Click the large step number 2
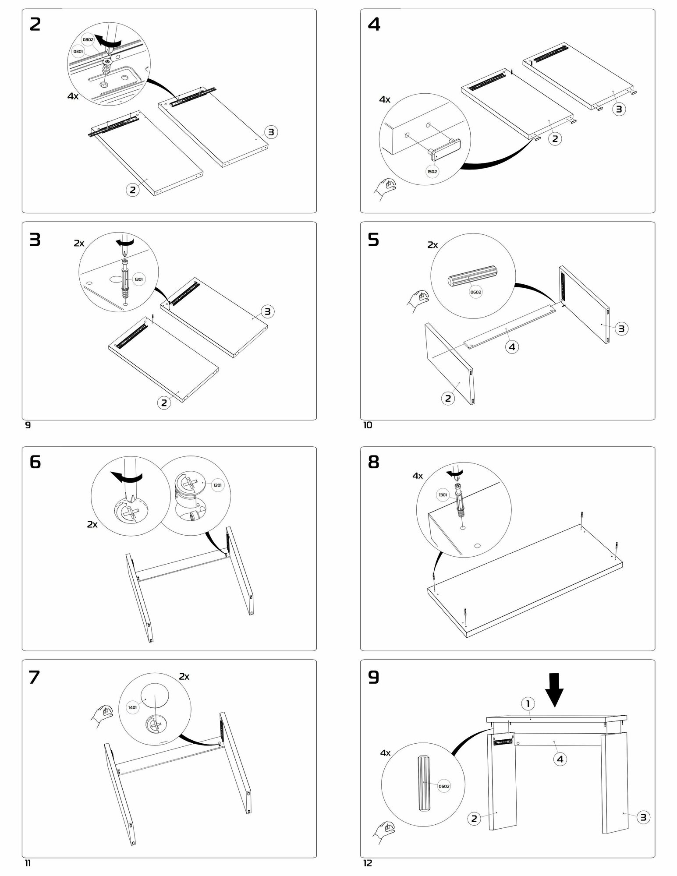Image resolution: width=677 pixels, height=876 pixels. [35, 25]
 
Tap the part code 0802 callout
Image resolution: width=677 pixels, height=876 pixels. [88, 40]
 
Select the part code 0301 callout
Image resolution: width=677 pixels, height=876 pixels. [78, 52]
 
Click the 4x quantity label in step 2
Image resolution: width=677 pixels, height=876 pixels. [73, 96]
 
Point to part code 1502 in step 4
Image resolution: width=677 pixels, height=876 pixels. [432, 171]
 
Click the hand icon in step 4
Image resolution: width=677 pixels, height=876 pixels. [384, 189]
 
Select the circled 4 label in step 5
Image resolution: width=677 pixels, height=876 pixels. [512, 347]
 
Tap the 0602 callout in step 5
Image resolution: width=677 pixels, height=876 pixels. [476, 292]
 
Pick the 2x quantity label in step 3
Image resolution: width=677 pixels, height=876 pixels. [79, 244]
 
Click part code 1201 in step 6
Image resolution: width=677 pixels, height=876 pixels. [217, 485]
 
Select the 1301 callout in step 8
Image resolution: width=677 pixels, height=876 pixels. [443, 495]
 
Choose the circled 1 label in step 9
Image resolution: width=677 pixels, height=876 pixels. [528, 704]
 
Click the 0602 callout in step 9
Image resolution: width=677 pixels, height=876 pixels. [444, 786]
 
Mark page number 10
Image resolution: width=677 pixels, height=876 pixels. [368, 425]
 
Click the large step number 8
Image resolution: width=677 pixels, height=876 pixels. [374, 463]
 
